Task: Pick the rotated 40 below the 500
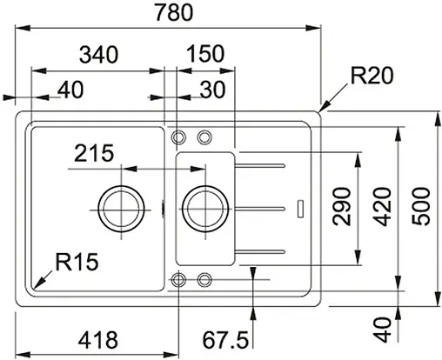point(381,329)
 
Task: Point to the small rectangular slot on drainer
point(300,208)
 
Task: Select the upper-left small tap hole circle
point(178,137)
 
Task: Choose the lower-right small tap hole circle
point(205,279)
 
